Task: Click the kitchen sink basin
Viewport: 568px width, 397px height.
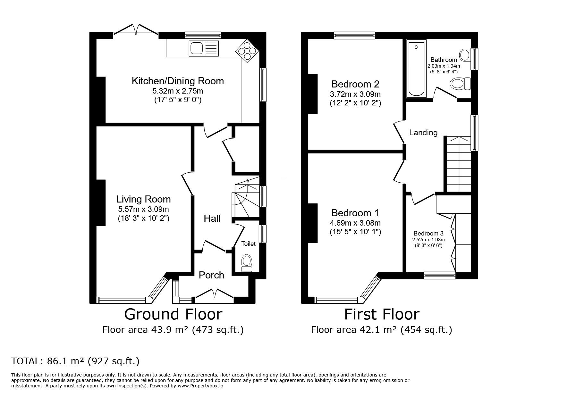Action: coord(196,48)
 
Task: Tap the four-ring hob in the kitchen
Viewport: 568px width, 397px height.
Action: coord(247,51)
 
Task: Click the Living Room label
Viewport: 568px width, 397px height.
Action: coord(143,199)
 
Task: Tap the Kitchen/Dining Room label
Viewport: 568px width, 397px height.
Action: coord(178,81)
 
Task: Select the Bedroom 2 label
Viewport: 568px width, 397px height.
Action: coord(355,84)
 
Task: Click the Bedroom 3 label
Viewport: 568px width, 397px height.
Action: coord(428,233)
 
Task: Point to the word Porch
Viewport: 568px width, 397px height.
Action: coord(211,275)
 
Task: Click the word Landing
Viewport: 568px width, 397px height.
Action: coord(423,133)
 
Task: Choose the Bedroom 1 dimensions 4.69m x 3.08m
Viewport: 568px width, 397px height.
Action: coord(355,223)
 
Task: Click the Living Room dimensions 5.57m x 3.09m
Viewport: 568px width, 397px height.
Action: coord(143,210)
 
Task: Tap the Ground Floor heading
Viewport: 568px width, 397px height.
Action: coord(173,314)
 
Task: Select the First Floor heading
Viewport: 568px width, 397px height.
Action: coord(382,314)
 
